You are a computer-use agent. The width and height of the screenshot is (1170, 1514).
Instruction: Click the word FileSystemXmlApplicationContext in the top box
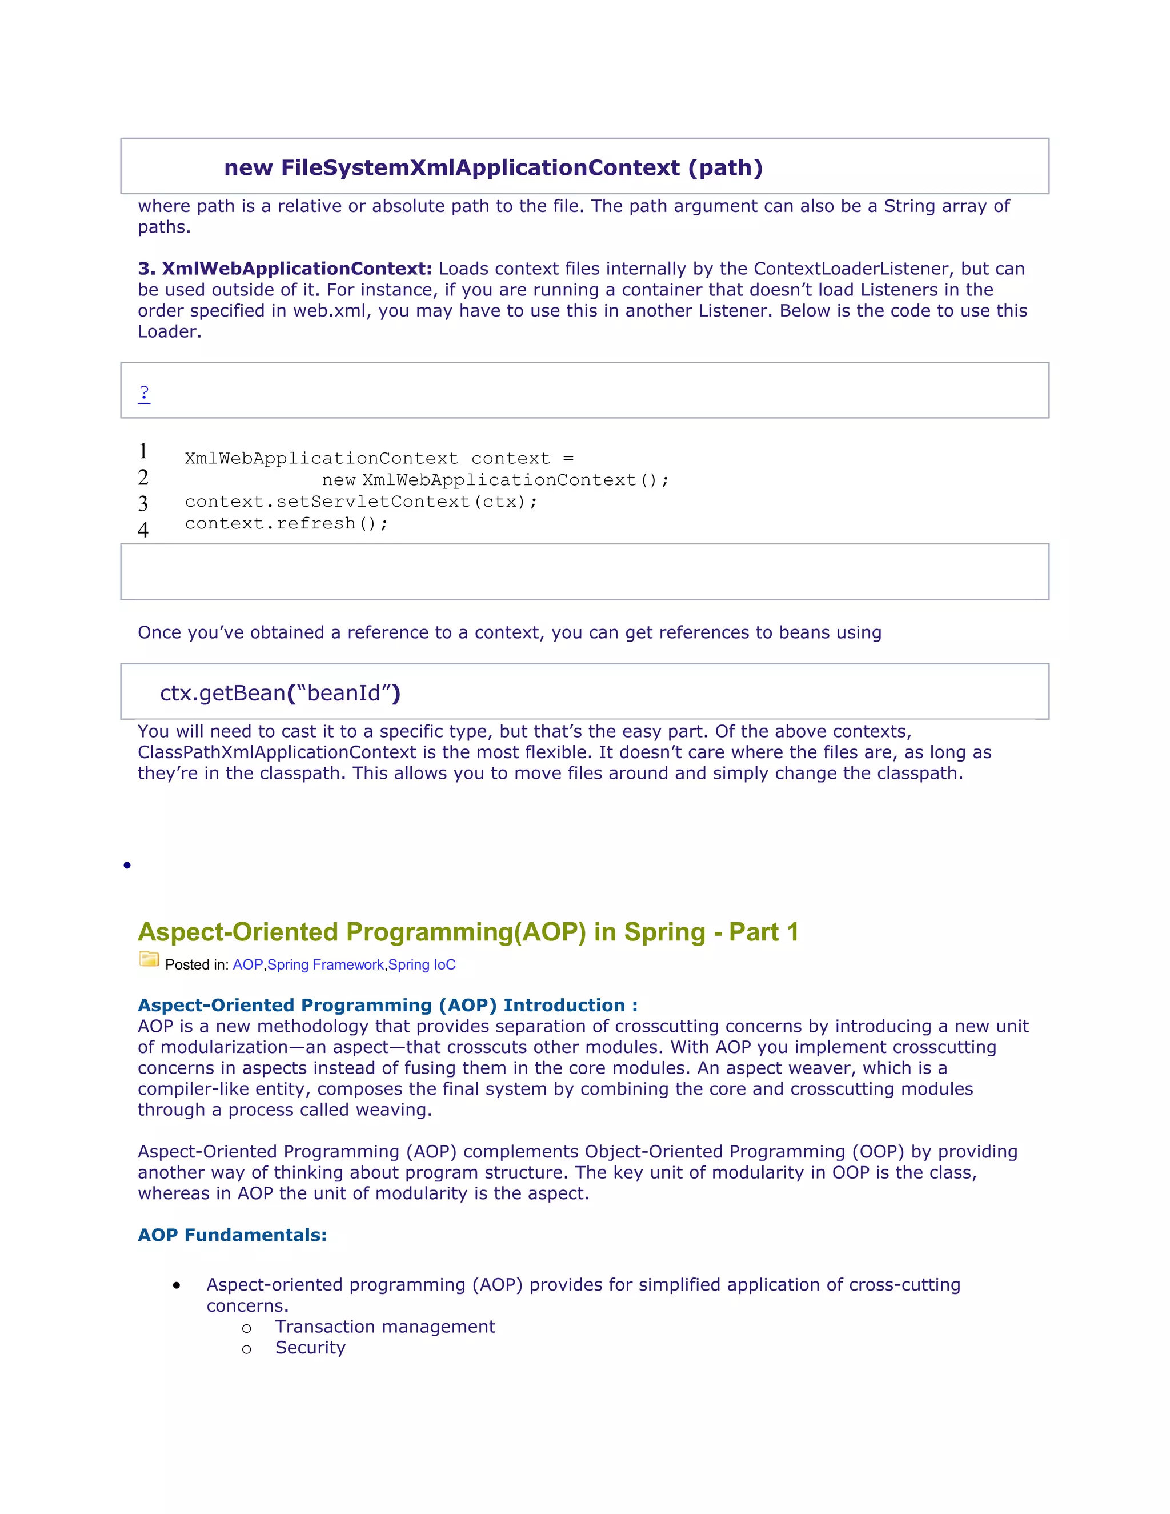pyautogui.click(x=480, y=168)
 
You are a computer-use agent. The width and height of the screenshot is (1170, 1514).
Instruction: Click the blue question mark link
pyautogui.click(x=143, y=393)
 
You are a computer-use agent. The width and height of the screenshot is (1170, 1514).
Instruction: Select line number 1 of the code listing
pyautogui.click(x=143, y=451)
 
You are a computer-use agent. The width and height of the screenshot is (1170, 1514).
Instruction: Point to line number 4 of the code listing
pyautogui.click(x=143, y=530)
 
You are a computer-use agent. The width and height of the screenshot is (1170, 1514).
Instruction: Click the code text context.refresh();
pyautogui.click(x=286, y=523)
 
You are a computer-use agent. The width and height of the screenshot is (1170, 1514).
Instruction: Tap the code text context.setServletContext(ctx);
pyautogui.click(x=360, y=502)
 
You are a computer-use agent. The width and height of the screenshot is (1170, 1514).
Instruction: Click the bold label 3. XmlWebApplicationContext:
pyautogui.click(x=285, y=269)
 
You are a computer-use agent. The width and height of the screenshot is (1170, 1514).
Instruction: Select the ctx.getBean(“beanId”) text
pyautogui.click(x=280, y=693)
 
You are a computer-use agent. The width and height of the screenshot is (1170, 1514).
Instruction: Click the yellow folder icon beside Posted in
pyautogui.click(x=149, y=959)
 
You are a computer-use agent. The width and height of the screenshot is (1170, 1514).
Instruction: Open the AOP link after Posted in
pyautogui.click(x=247, y=965)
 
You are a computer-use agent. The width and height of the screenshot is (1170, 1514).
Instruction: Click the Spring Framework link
pyautogui.click(x=325, y=965)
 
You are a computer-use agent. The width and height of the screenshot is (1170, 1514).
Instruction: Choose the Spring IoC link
pyautogui.click(x=422, y=965)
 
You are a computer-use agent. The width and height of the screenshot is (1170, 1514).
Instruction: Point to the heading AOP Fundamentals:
pyautogui.click(x=231, y=1235)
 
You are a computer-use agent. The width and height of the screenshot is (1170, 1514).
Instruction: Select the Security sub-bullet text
pyautogui.click(x=310, y=1348)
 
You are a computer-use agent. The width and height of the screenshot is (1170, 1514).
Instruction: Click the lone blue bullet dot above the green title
pyautogui.click(x=127, y=865)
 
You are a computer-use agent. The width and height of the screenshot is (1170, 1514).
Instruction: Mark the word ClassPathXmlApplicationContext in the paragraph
pyautogui.click(x=277, y=753)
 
